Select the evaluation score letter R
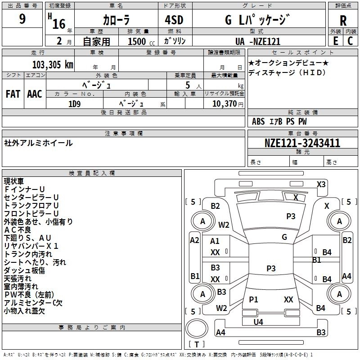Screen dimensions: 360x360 pyautogui.click(x=343, y=21)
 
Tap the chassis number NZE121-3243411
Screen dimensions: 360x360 pyautogui.click(x=302, y=143)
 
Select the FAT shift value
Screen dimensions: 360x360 pyautogui.click(x=13, y=94)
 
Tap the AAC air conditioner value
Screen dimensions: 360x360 pyautogui.click(x=35, y=94)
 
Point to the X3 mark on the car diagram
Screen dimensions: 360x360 pyautogui.click(x=321, y=184)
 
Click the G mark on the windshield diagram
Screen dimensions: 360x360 pyautogui.click(x=284, y=237)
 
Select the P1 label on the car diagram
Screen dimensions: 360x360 pyautogui.click(x=253, y=299)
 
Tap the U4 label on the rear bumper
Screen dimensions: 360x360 pyautogui.click(x=258, y=322)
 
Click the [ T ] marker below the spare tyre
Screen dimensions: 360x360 pyautogui.click(x=197, y=344)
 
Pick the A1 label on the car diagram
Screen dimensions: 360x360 pyautogui.click(x=215, y=241)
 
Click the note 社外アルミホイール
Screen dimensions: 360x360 pyautogui.click(x=38, y=143)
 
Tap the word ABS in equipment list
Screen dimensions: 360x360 pyautogui.click(x=258, y=121)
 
